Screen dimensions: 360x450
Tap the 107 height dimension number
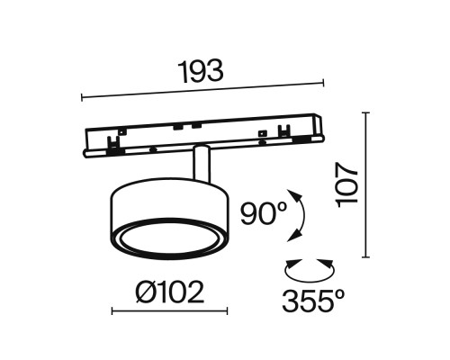point(349,185)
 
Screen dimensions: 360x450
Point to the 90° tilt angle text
point(263,214)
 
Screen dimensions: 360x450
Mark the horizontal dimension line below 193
point(202,90)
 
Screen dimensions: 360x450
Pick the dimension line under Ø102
point(169,312)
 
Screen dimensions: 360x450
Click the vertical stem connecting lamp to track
point(202,166)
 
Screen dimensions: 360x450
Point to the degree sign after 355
point(344,292)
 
